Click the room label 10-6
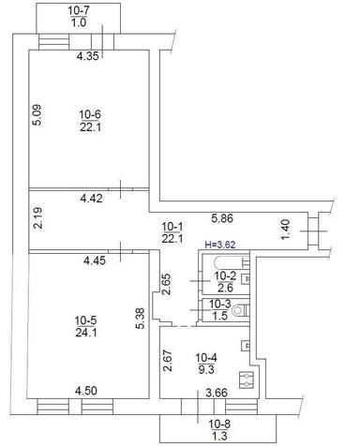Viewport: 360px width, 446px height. coord(91,113)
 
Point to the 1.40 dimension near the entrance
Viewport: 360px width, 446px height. coord(288,227)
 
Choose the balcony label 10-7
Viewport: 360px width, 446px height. coord(80,9)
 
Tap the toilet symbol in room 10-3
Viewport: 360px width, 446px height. coord(239,309)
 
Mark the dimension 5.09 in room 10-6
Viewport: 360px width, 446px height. coord(37,114)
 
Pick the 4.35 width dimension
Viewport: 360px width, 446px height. coord(88,56)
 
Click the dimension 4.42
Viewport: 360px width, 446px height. coord(91,198)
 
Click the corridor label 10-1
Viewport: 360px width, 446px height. coord(172,227)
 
